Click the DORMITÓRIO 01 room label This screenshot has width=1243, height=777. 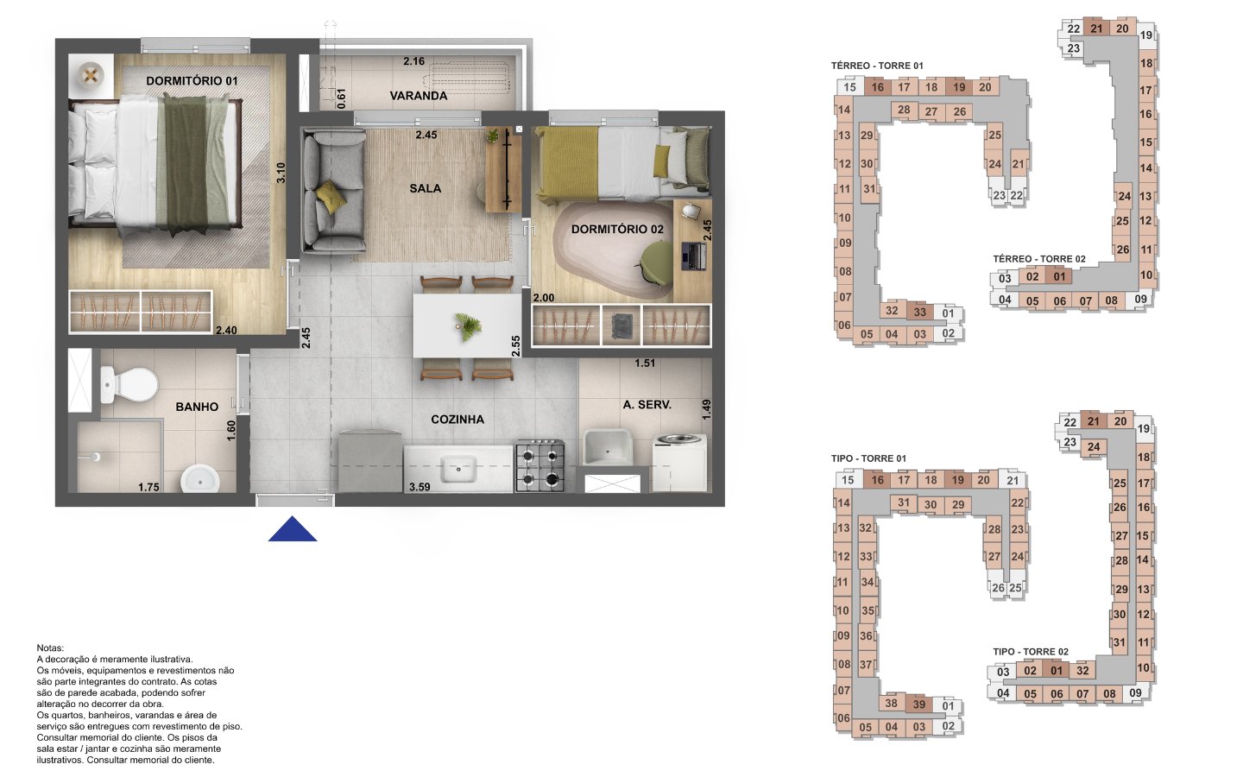click(192, 81)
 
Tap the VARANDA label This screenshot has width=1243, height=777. click(419, 96)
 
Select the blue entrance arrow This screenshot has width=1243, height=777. click(293, 529)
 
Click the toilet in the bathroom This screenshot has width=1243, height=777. click(129, 384)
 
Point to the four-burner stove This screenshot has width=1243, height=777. click(540, 466)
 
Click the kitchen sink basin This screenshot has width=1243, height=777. click(458, 469)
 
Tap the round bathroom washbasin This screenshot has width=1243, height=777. click(200, 479)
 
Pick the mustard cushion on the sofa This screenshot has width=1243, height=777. click(331, 196)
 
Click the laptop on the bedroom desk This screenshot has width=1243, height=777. click(694, 256)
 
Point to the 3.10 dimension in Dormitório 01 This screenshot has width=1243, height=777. click(281, 173)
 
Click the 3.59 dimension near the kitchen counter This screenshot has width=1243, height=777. click(420, 487)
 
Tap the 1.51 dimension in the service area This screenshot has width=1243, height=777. click(645, 363)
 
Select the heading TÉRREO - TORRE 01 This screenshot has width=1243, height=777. click(877, 66)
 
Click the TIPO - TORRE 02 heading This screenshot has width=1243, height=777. click(1031, 652)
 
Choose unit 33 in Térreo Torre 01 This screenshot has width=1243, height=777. click(919, 312)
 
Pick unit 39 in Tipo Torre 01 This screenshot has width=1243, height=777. click(919, 704)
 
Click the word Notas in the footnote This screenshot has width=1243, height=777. click(50, 648)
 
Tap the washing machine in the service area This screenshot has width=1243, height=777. click(680, 463)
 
